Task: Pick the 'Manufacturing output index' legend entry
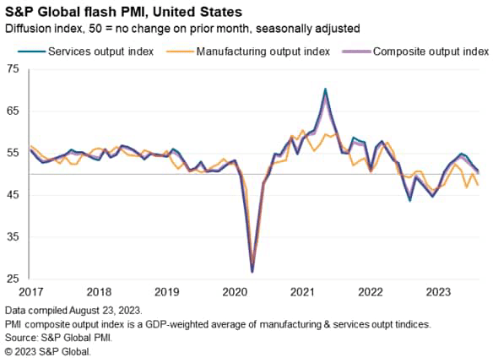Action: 261,51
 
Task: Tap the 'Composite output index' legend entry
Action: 425,51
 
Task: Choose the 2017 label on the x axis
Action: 30,292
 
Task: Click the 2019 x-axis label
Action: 165,292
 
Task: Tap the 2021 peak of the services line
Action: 326,89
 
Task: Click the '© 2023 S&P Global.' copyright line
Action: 47,350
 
